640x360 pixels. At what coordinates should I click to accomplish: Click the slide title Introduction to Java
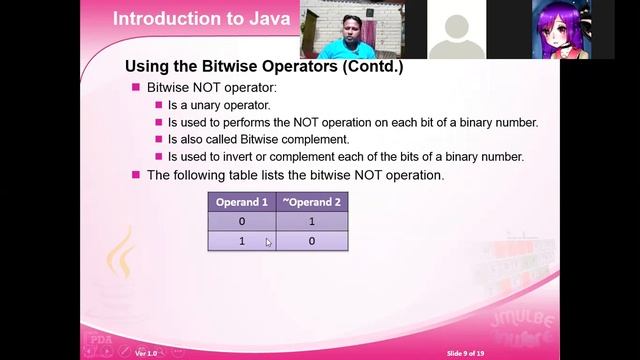click(x=201, y=18)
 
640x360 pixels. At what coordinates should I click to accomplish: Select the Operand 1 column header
click(x=241, y=202)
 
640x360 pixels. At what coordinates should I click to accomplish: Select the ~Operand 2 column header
click(x=311, y=202)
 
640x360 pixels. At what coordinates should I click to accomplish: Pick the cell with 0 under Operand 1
click(x=241, y=221)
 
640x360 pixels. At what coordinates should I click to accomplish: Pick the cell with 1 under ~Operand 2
click(x=311, y=221)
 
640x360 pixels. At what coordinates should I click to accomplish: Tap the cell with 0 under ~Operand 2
click(x=311, y=241)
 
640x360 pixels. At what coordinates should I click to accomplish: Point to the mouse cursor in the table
click(x=268, y=242)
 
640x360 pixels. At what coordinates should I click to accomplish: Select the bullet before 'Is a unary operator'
click(x=158, y=105)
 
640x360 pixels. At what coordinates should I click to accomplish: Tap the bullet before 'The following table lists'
click(x=137, y=175)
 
